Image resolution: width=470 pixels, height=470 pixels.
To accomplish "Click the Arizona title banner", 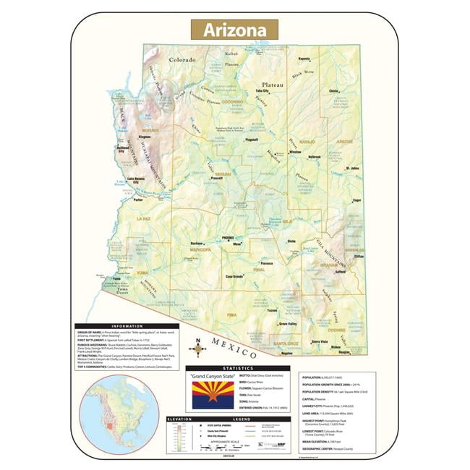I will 234,30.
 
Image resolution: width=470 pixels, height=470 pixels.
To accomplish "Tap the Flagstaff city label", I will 252,140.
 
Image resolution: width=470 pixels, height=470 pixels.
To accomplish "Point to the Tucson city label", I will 272,310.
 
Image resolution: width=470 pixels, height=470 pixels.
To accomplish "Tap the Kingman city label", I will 145,136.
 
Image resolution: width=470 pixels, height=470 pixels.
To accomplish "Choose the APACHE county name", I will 344,142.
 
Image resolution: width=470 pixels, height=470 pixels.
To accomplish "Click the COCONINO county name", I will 232,103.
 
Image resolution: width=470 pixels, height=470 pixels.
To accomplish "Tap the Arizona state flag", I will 213,396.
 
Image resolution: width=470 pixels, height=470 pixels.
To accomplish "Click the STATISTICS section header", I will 237,368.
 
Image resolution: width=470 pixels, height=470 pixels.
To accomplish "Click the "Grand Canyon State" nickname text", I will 213,377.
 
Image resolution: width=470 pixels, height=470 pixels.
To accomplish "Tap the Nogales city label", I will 287,354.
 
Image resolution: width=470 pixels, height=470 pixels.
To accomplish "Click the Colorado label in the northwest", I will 183,60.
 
